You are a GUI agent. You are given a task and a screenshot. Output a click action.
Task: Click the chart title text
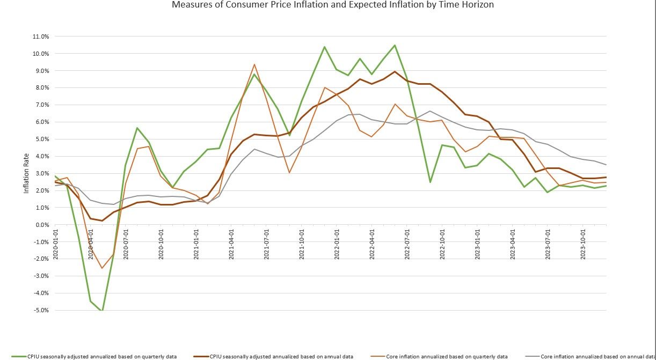(x=333, y=5)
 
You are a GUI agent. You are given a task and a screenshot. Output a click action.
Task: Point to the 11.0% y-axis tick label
(x=41, y=36)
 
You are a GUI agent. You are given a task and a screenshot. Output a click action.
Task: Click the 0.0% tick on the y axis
(x=43, y=225)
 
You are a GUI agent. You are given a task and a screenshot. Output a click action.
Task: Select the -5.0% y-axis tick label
(x=42, y=310)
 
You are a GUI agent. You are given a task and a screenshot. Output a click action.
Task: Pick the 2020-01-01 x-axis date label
(x=55, y=245)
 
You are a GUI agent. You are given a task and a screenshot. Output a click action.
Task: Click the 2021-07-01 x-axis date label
(x=266, y=245)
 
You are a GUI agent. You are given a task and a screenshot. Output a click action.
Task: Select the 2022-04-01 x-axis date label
(x=371, y=245)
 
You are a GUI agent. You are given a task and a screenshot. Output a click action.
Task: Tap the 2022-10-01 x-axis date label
(x=442, y=245)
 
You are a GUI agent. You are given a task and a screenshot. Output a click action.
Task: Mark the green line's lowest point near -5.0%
(x=102, y=311)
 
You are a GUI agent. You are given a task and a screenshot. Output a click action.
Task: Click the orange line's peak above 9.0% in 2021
(x=254, y=64)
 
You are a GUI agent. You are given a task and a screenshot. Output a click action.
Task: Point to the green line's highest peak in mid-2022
(x=395, y=45)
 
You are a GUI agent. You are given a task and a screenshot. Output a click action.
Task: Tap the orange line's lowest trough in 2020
(x=102, y=268)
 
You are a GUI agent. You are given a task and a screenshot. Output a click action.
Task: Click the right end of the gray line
(x=606, y=165)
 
